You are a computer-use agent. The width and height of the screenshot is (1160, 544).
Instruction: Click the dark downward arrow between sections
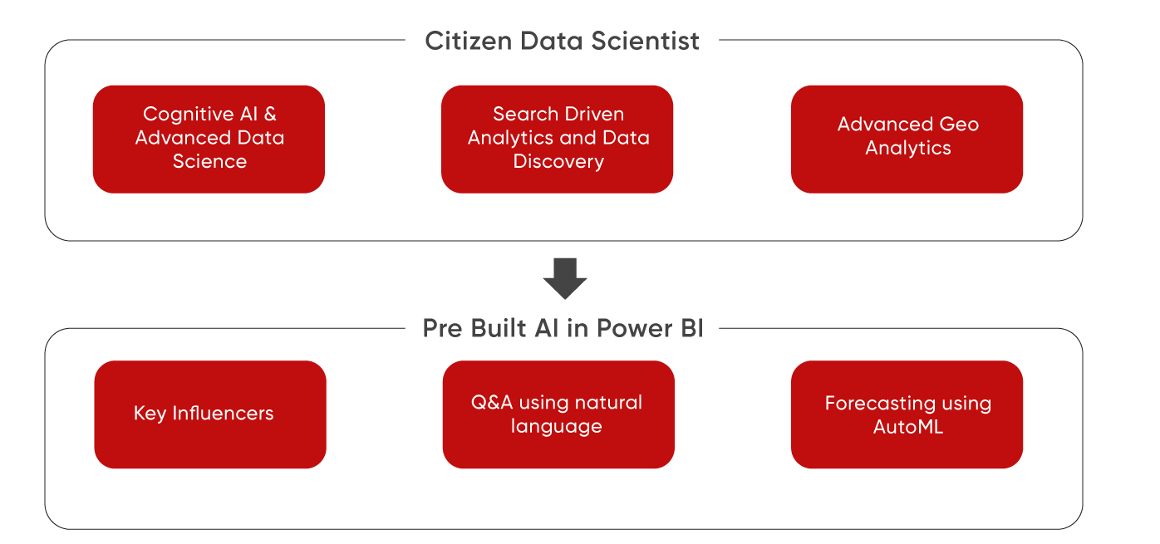(565, 278)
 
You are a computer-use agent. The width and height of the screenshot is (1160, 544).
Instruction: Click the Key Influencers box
(210, 414)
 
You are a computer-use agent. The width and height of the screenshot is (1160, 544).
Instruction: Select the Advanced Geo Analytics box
(907, 139)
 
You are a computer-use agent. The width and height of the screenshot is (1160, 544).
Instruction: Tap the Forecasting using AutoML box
(907, 414)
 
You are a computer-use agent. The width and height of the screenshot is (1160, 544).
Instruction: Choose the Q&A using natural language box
(558, 414)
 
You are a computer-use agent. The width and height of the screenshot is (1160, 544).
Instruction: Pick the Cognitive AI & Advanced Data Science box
(209, 139)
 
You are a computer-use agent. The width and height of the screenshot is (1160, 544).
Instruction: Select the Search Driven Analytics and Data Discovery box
(557, 139)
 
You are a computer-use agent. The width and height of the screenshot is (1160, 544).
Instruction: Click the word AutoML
(908, 428)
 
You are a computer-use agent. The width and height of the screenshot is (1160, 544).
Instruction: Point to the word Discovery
(558, 162)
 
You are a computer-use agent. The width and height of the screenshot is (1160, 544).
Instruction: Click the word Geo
(959, 125)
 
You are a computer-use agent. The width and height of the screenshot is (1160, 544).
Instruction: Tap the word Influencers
(223, 414)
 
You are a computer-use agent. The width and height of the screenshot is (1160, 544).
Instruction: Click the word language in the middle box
(556, 427)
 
